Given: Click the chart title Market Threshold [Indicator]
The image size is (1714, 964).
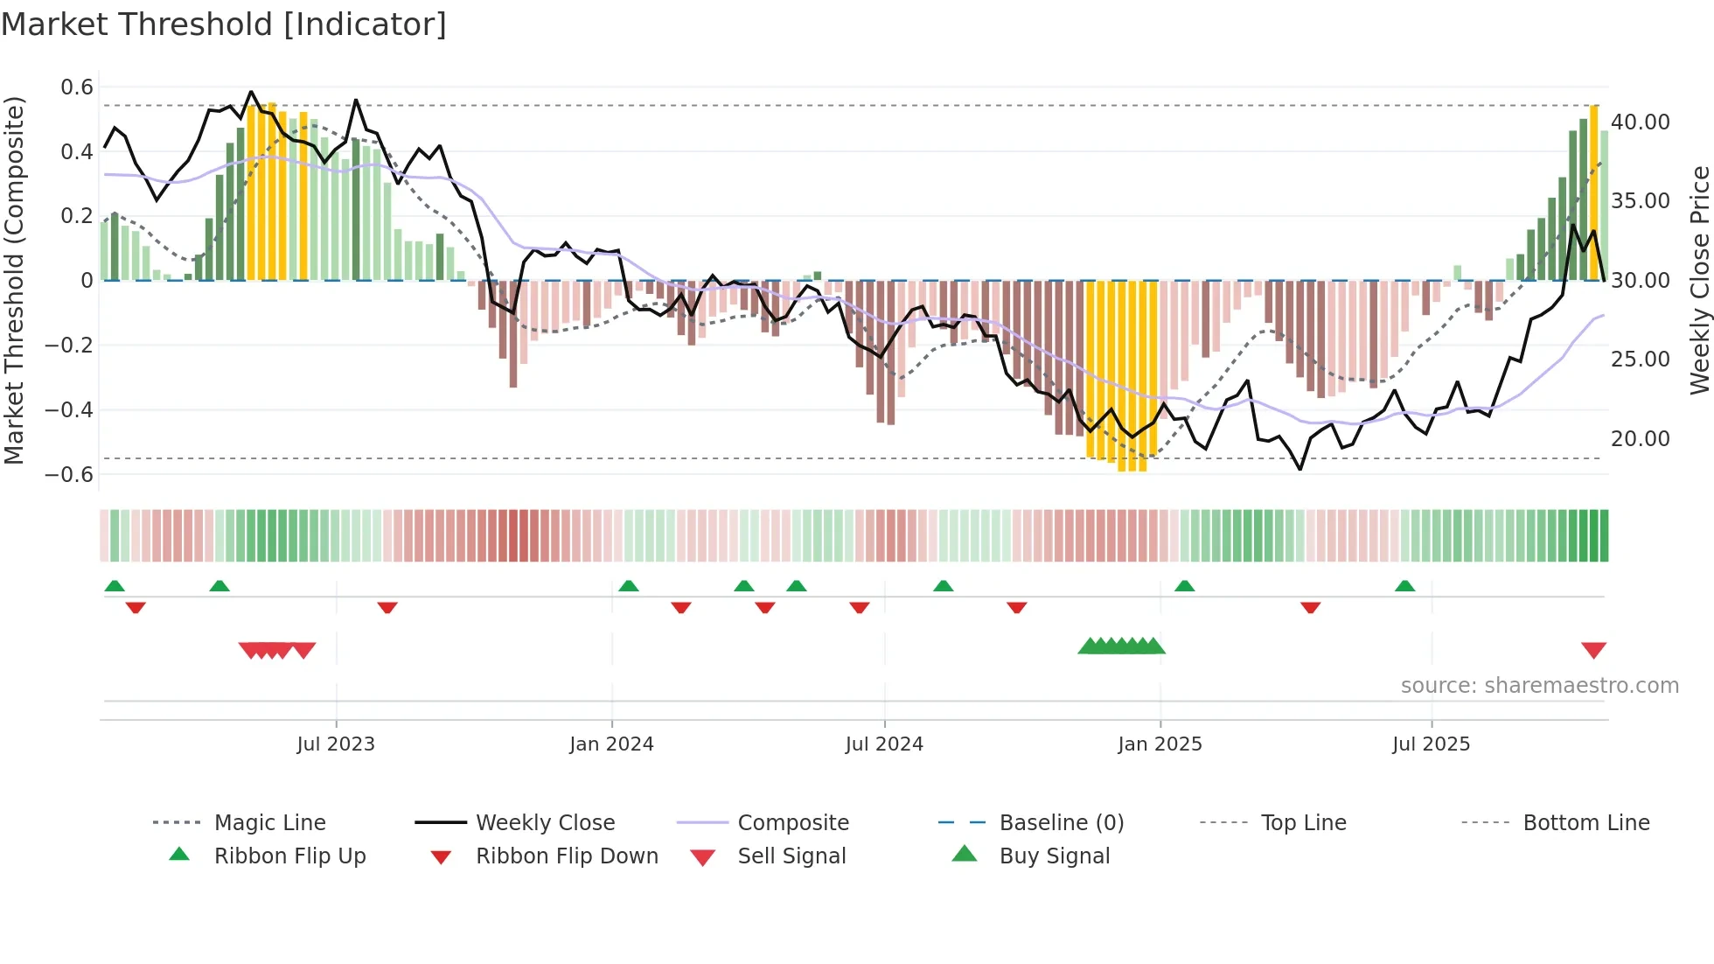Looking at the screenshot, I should click(224, 24).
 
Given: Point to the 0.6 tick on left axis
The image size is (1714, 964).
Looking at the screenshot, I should click(77, 87).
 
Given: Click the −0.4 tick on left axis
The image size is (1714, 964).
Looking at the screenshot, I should click(70, 410).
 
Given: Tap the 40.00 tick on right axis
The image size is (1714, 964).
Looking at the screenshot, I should click(1641, 122).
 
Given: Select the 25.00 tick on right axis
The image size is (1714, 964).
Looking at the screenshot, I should click(1641, 360).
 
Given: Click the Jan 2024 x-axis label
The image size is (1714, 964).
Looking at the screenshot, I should click(611, 744).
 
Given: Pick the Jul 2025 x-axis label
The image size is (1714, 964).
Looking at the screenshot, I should click(1431, 744).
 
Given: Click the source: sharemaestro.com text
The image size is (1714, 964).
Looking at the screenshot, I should click(1539, 686).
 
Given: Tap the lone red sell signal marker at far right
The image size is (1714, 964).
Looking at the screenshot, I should click(1593, 650).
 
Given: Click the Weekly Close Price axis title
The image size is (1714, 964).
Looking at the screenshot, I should click(1699, 280).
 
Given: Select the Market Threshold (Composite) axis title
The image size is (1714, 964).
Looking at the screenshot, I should click(14, 280).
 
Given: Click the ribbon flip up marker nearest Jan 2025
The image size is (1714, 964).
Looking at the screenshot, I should click(1184, 586).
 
